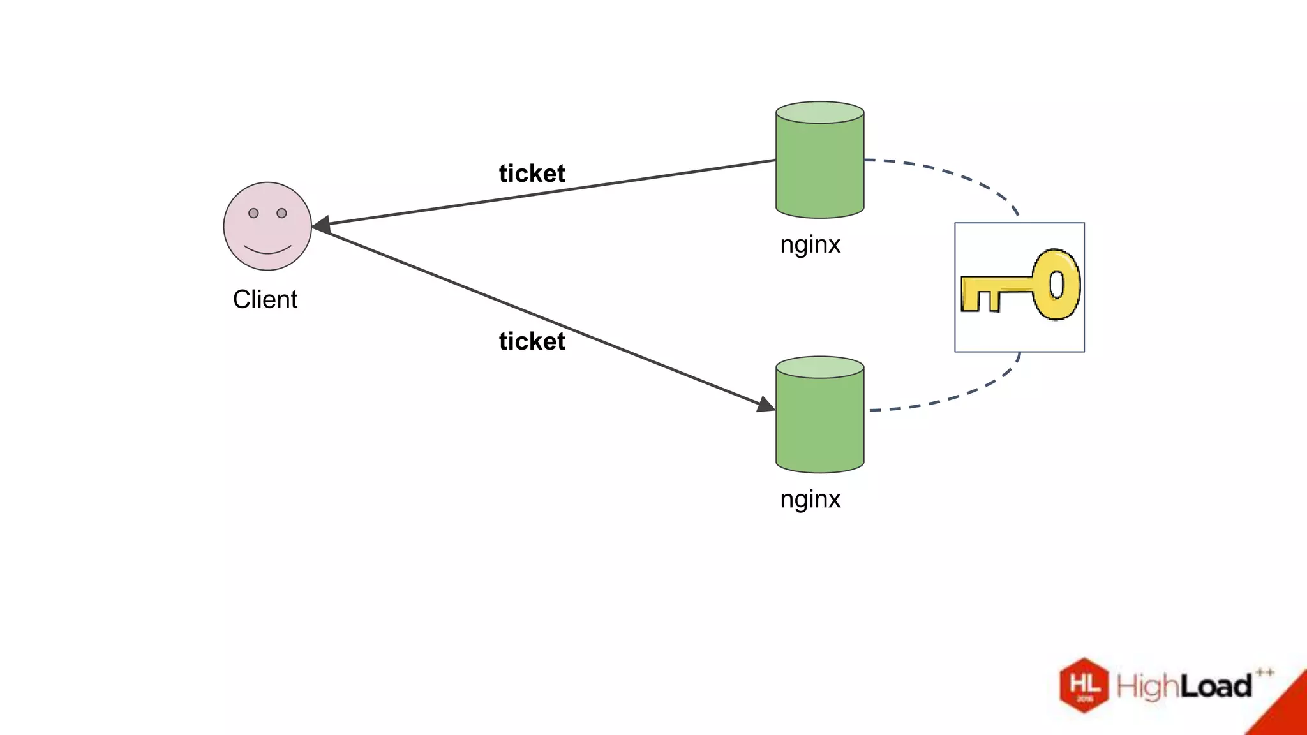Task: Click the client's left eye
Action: tap(253, 213)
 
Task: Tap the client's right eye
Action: tap(281, 213)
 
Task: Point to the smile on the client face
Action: tap(267, 249)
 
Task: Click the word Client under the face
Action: tap(265, 299)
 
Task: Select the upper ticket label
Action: tap(532, 174)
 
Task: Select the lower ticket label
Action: tap(532, 341)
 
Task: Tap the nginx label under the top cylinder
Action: tap(810, 244)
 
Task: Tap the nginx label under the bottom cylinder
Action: tap(810, 499)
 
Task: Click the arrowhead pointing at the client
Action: tap(322, 225)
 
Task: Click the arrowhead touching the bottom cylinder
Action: tap(765, 405)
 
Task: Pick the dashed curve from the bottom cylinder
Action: tap(957, 396)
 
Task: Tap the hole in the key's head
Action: tap(1057, 285)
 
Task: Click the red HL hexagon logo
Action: tap(1084, 685)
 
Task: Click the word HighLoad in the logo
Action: tap(1184, 687)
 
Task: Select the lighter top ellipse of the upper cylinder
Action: tap(819, 112)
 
